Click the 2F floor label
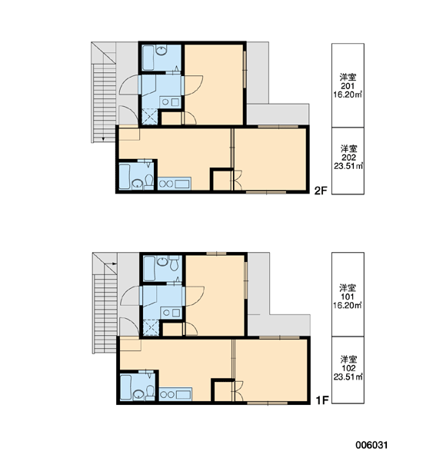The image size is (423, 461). [x=321, y=191]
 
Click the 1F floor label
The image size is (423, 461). [x=321, y=400]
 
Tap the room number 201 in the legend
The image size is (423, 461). [x=348, y=86]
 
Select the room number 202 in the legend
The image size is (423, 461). [x=348, y=158]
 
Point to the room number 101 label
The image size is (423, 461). [x=348, y=297]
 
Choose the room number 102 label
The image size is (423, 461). [x=348, y=368]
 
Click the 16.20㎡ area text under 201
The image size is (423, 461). [x=348, y=95]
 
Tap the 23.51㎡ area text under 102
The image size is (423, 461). [x=348, y=376]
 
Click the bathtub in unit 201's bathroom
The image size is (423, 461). [x=148, y=58]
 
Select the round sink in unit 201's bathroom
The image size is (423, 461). [x=162, y=50]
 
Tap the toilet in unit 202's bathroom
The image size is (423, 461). [x=149, y=182]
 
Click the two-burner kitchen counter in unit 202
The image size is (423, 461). [x=175, y=184]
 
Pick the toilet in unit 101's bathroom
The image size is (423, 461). [x=175, y=263]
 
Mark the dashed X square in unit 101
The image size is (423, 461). [x=151, y=327]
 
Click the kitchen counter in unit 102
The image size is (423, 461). [x=175, y=394]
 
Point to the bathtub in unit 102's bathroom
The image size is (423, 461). [x=125, y=387]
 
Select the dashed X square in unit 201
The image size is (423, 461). [x=150, y=117]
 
